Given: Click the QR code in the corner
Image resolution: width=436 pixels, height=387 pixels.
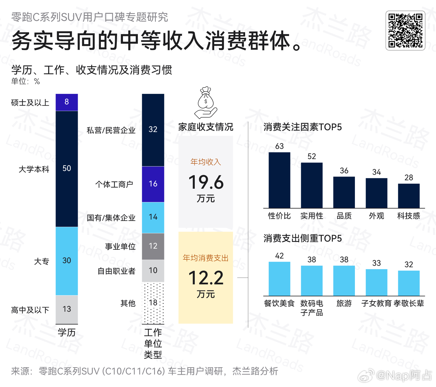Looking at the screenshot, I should point(405,31).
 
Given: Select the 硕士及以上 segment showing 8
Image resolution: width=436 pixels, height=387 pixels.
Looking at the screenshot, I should point(67,102).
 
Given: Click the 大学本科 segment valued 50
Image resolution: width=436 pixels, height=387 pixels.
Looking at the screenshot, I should point(67,169).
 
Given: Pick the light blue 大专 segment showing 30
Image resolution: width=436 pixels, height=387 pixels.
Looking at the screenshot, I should point(67,261).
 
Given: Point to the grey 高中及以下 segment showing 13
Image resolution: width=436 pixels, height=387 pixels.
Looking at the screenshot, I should point(67,309).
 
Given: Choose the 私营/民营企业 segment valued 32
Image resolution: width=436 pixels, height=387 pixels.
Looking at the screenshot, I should point(153,130).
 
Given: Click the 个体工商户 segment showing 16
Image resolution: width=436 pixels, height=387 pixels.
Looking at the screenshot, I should point(153,184).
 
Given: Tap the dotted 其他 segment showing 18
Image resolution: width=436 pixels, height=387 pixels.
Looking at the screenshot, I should point(153,303).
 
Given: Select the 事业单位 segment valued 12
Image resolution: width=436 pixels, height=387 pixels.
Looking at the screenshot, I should point(153,246).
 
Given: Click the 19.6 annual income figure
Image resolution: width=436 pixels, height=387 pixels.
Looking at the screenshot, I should point(206,183).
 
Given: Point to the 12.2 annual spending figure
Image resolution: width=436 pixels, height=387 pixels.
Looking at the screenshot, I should point(206,278).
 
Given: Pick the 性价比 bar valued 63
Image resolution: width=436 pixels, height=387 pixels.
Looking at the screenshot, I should point(279,180).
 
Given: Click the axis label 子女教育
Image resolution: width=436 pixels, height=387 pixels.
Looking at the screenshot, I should point(376,304).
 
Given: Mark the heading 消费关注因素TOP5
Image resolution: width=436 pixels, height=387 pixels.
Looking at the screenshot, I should point(303,127).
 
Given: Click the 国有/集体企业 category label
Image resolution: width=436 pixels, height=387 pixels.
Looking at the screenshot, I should point(111,218).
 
